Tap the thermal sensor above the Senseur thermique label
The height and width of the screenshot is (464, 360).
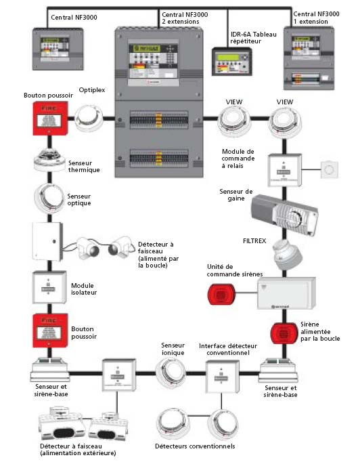point(47,159)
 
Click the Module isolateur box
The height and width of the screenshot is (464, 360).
point(48,287)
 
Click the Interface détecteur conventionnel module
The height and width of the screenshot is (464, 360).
point(221,375)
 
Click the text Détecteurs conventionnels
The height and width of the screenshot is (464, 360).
point(194,446)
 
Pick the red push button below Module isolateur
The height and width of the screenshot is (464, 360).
point(48,329)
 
